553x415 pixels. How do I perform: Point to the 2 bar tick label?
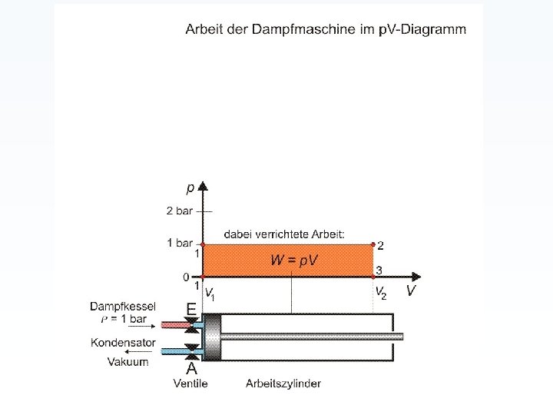(178, 210)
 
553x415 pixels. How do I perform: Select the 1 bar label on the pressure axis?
(179, 243)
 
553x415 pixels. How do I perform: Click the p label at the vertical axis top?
(190, 187)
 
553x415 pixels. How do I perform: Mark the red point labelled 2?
(373, 244)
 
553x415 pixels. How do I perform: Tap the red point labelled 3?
(373, 276)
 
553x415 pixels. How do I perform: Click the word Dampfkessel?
(123, 306)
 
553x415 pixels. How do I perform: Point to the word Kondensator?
(123, 343)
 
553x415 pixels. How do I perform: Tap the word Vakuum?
(128, 361)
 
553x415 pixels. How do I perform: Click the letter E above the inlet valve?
(190, 309)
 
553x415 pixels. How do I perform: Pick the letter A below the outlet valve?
(191, 368)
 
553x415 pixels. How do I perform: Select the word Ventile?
(190, 383)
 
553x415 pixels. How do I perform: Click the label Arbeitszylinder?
(283, 383)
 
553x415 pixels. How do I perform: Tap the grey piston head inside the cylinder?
(211, 337)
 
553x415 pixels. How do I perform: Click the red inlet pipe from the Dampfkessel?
(177, 325)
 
